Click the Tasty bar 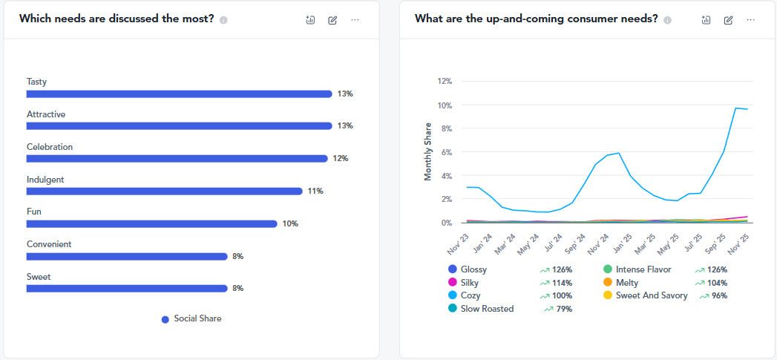pos(179,94)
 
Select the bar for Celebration pos(177,158)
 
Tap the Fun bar pos(151,223)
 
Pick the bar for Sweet pos(127,288)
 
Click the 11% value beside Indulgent pos(315,191)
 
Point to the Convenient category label pos(49,244)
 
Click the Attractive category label pos(46,114)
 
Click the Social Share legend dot pos(165,319)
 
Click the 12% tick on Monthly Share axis pos(445,81)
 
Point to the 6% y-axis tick pos(447,152)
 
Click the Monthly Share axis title pos(428,151)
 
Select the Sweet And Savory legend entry pos(652,295)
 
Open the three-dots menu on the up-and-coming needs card pos(751,19)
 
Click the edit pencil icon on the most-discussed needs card pos(332,19)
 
